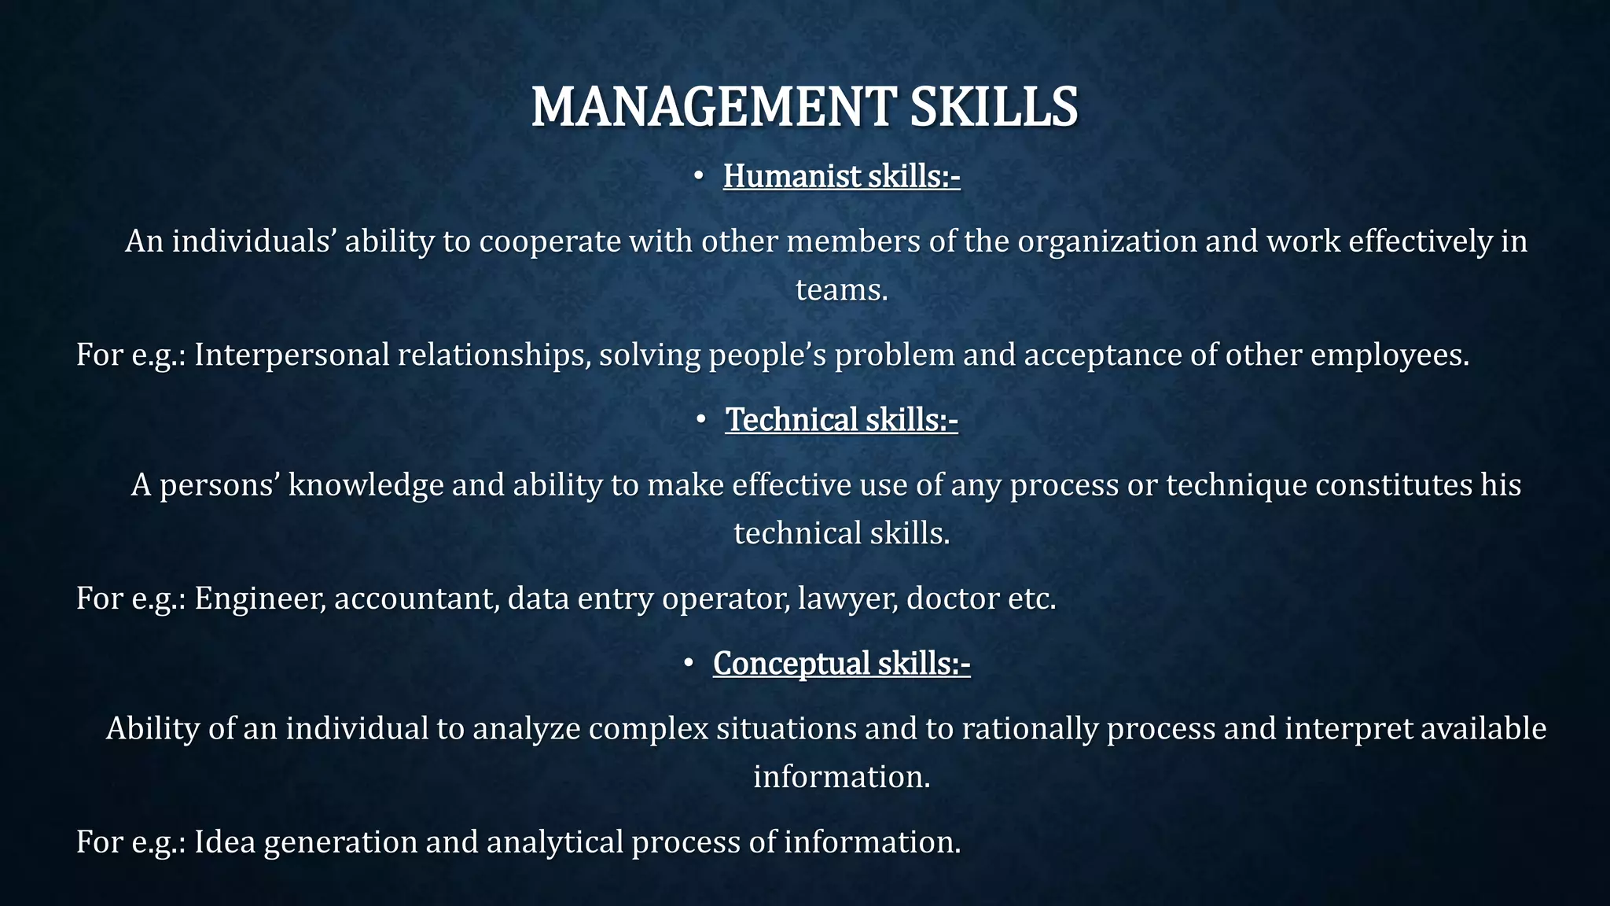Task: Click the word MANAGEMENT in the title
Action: [x=713, y=107]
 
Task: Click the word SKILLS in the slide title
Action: [x=994, y=107]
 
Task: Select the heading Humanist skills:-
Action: [x=841, y=176]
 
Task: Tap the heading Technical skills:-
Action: [x=841, y=420]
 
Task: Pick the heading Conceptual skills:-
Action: [x=841, y=664]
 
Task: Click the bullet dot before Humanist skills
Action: [x=697, y=177]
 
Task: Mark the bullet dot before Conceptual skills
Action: [x=688, y=665]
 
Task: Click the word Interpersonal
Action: [x=292, y=355]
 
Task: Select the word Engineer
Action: [x=259, y=599]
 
